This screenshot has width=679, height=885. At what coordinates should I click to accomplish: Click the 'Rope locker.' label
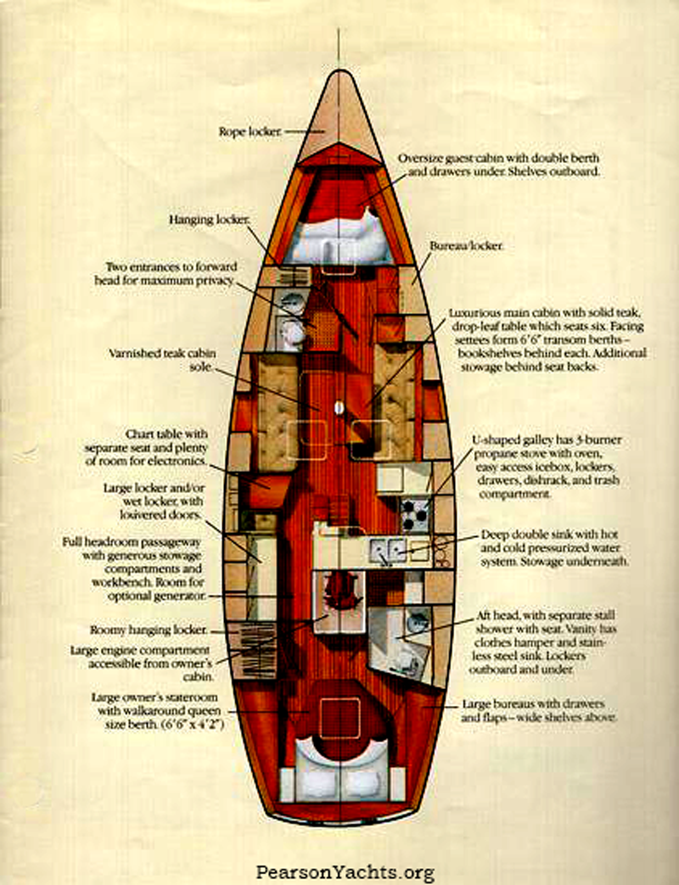point(250,132)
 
